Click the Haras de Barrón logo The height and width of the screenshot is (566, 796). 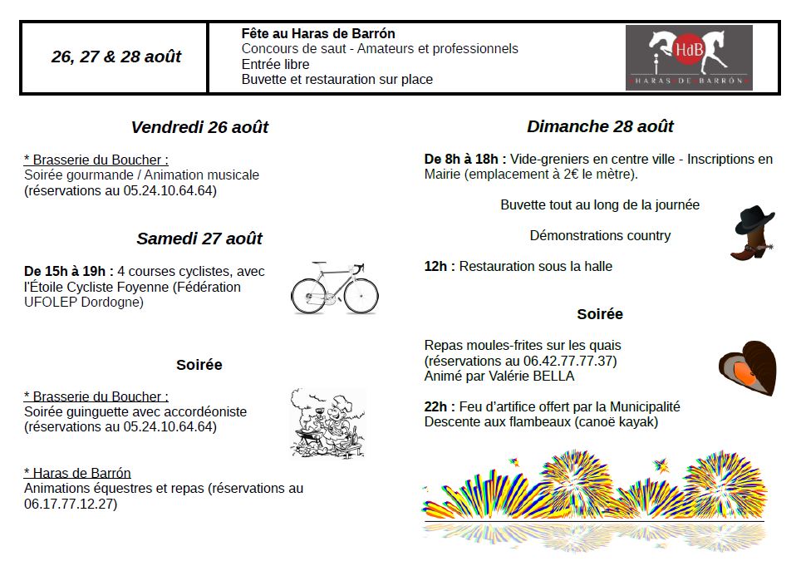tap(689, 57)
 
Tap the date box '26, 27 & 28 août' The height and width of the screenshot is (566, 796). tap(115, 57)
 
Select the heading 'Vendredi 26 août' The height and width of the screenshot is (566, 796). tap(199, 127)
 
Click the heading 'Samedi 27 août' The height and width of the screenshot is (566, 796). tap(199, 239)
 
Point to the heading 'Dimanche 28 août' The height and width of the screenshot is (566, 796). tap(600, 126)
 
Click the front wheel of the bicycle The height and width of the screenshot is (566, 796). tap(362, 296)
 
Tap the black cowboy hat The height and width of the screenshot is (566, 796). tap(754, 221)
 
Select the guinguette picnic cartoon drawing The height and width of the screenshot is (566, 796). tap(327, 421)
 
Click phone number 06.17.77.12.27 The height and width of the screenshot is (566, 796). tap(71, 504)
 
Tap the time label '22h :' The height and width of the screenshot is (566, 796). tap(440, 406)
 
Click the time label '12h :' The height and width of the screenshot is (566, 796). tap(440, 266)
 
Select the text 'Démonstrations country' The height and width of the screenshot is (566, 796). tap(600, 235)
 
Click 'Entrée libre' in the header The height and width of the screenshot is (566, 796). tap(275, 64)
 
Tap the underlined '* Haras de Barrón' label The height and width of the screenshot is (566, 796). tap(77, 473)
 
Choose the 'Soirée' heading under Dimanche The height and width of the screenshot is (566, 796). tap(600, 314)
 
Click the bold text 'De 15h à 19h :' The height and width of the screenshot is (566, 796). tap(69, 271)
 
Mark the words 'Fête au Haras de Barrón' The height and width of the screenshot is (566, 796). tap(318, 34)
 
